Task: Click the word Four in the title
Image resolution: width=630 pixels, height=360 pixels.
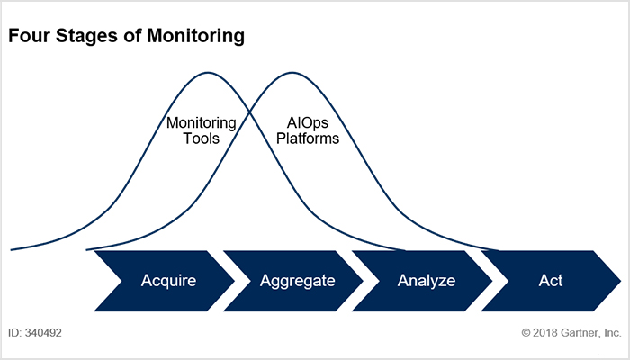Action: [28, 38]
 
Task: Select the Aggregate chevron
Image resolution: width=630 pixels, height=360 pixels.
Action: [297, 281]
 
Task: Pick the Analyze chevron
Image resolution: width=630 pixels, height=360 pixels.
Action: [426, 281]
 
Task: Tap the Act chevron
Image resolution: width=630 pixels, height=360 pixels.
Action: [550, 281]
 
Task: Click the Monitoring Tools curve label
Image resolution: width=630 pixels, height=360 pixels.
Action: [201, 130]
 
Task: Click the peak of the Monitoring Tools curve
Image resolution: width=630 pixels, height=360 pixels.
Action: [209, 72]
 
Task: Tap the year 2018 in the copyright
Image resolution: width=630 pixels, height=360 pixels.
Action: [546, 332]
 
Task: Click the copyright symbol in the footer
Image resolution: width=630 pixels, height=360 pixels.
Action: [526, 332]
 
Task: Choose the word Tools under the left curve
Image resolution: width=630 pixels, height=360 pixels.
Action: [201, 139]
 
